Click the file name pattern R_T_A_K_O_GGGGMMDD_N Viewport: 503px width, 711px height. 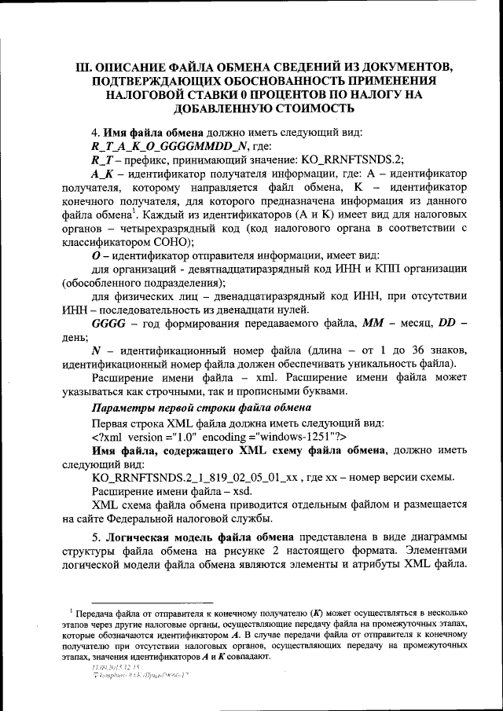[x=171, y=145]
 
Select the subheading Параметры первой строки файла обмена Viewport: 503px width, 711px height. [x=201, y=407]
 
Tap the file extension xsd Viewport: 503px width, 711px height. [x=232, y=492]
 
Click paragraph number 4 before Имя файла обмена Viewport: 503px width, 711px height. [x=96, y=131]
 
